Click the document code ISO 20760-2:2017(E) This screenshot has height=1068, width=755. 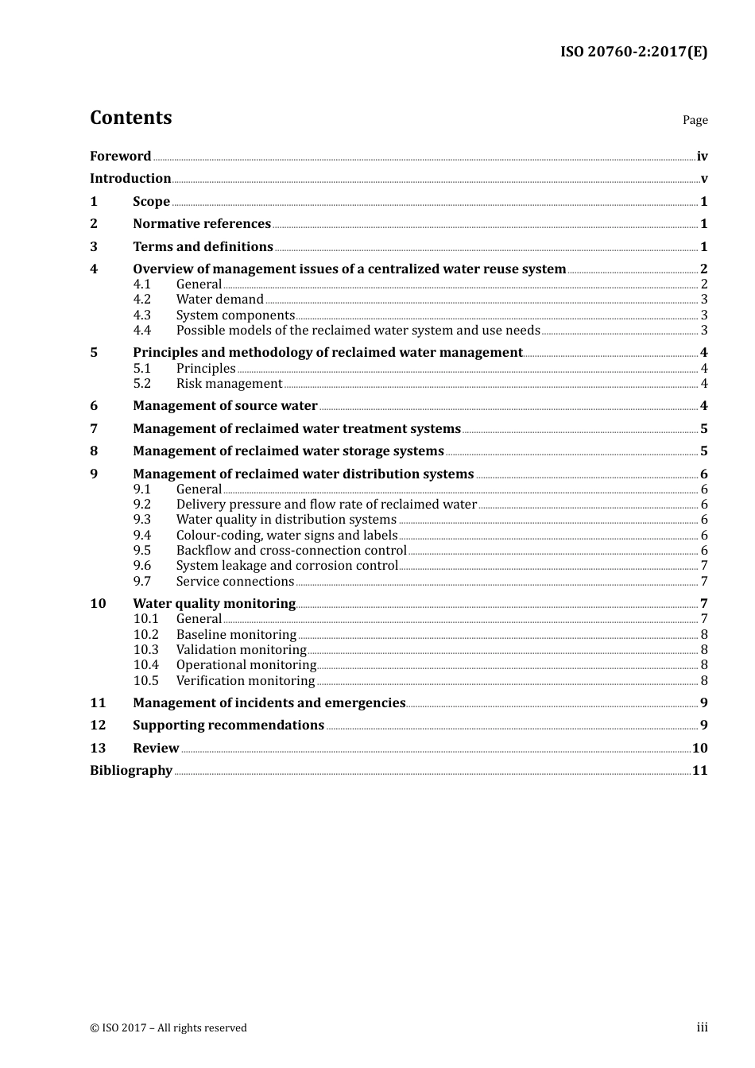(x=633, y=52)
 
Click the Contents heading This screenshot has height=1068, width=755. (x=130, y=118)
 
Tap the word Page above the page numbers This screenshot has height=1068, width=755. (x=695, y=120)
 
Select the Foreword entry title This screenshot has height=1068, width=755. (x=120, y=157)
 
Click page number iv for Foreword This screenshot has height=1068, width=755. (x=702, y=157)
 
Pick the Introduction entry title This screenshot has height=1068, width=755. (x=130, y=179)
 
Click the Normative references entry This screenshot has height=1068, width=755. (x=202, y=224)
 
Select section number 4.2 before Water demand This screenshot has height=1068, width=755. (x=142, y=300)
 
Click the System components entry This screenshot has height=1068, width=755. (x=235, y=315)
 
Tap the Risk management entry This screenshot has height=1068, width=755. (x=229, y=384)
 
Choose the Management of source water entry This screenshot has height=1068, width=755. (x=225, y=406)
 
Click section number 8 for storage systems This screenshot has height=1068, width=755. (x=94, y=451)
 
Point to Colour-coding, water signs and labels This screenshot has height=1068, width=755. (x=286, y=536)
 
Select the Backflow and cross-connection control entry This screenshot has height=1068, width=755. (x=291, y=551)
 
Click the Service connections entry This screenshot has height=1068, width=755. (x=234, y=582)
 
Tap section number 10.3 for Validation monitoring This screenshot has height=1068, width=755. (x=146, y=650)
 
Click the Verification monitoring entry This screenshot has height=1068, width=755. (x=246, y=681)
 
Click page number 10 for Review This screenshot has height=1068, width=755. (x=699, y=749)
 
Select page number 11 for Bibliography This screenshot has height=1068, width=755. (x=699, y=771)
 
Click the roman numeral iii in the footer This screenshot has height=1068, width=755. (x=702, y=1027)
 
